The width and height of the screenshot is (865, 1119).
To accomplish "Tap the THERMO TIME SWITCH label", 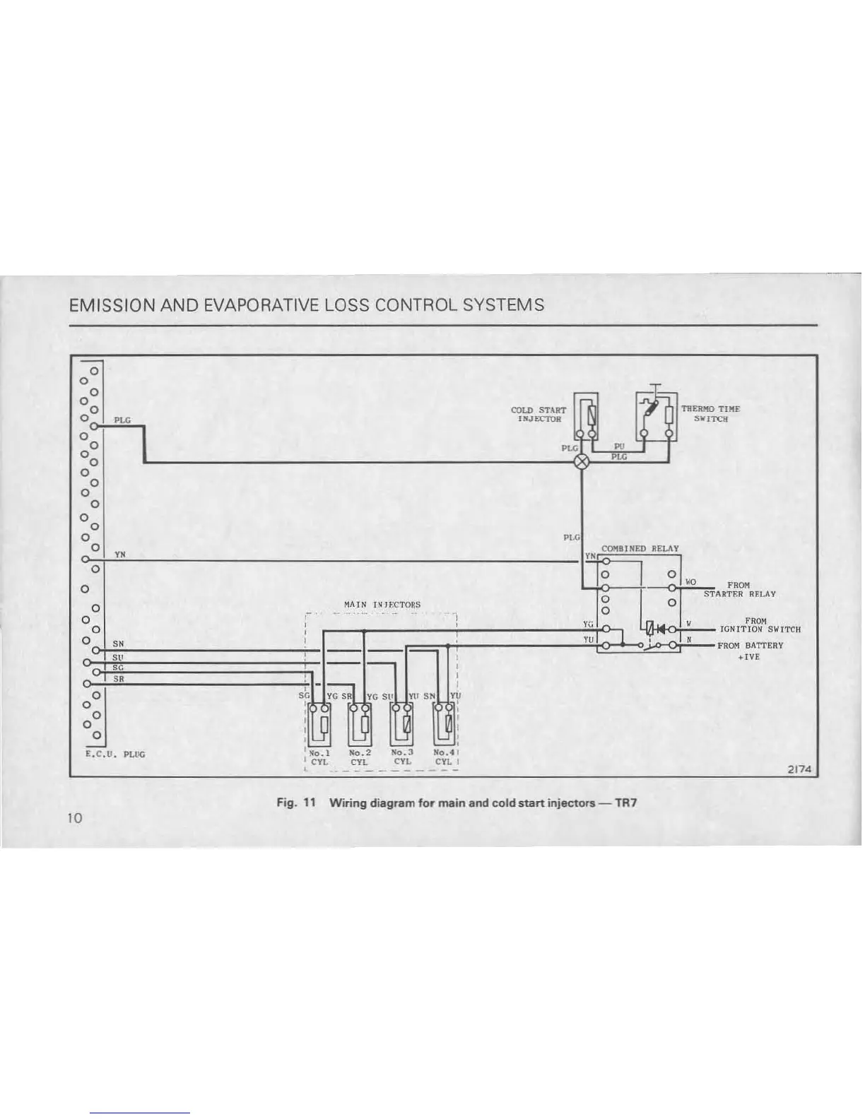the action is tap(710, 413).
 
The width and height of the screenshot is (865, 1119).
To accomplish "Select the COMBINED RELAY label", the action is tap(639, 548).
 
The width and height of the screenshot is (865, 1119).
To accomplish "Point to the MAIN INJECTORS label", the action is tap(382, 605).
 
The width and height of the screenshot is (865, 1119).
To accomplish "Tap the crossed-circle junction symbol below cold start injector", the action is tap(582, 462).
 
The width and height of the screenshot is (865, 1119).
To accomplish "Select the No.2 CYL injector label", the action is tap(360, 757).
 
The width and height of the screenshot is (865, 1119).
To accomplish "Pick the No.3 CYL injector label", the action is tap(402, 757).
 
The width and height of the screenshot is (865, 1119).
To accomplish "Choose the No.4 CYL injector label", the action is tap(444, 757).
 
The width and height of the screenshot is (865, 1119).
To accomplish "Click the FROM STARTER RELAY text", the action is tap(739, 590).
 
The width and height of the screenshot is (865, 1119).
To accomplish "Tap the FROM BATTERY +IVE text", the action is tap(750, 651).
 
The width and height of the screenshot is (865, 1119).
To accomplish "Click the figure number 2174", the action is tap(801, 770).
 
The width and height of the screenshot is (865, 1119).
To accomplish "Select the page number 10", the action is tap(76, 817).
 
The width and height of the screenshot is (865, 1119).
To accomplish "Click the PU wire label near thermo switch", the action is tap(618, 446).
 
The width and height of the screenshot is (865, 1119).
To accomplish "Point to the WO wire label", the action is tap(690, 582).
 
